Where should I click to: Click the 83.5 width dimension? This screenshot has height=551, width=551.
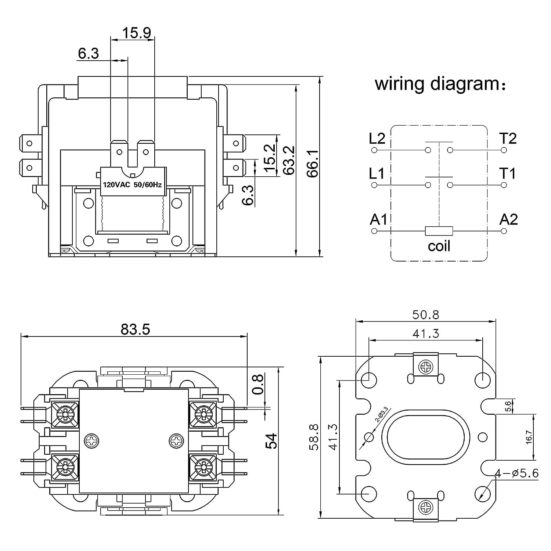(135, 329)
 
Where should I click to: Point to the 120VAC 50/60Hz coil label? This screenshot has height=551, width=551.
(132, 185)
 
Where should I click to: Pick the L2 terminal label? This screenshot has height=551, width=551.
(377, 138)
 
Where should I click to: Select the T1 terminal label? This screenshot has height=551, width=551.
(508, 173)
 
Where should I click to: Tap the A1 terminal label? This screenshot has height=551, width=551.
(378, 220)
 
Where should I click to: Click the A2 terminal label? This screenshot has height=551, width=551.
(508, 220)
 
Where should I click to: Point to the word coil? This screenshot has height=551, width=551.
(439, 246)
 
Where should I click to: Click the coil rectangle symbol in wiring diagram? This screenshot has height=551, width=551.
(439, 231)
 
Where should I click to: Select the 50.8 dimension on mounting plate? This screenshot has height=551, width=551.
(425, 315)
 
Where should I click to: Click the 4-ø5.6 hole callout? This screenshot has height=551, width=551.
(516, 473)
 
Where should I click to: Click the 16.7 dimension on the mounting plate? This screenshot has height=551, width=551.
(529, 437)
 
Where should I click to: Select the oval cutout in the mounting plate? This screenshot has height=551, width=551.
(426, 437)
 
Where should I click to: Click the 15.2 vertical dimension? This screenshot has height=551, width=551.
(270, 158)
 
